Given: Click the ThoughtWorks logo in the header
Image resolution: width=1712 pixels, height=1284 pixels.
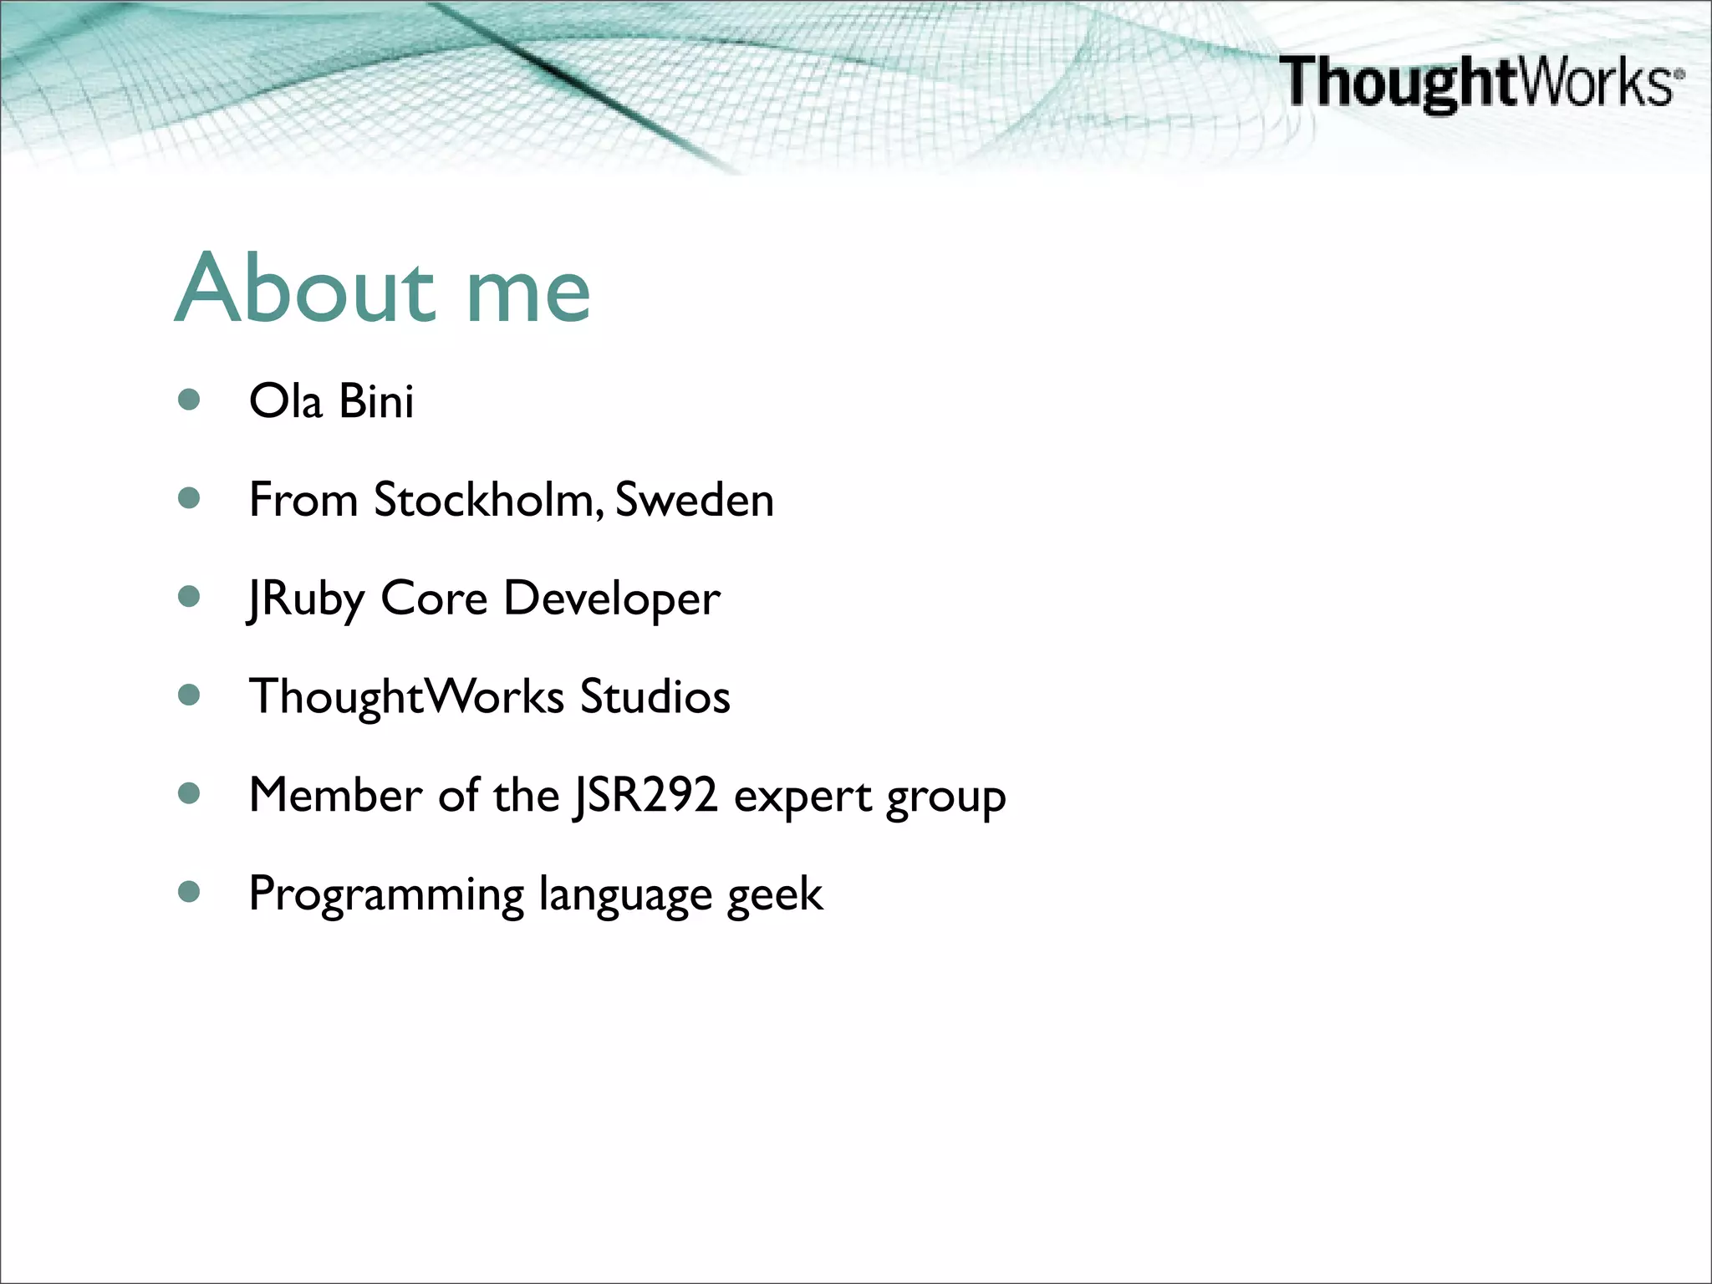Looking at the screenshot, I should click(x=1480, y=82).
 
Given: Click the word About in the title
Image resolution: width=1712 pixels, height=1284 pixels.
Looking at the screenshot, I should click(x=306, y=289).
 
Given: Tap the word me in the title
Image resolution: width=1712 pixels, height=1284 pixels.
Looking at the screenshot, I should click(x=527, y=293).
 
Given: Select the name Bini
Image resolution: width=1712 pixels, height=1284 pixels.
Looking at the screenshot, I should click(x=376, y=400).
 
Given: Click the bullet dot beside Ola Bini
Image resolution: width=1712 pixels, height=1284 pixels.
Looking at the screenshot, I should click(x=190, y=400).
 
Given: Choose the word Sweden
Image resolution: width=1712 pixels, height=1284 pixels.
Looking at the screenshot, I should click(x=694, y=500).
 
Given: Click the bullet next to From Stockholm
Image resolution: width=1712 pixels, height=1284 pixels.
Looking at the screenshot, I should click(x=190, y=498).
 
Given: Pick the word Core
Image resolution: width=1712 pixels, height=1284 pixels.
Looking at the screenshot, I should click(x=434, y=599).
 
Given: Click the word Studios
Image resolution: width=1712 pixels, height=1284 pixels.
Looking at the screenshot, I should click(x=655, y=696).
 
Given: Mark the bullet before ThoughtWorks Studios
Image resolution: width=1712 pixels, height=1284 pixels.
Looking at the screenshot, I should click(x=190, y=695).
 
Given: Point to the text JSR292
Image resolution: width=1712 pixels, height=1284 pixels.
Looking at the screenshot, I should click(x=645, y=795).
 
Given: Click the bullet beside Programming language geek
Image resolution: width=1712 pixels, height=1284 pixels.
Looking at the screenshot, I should click(x=190, y=892).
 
